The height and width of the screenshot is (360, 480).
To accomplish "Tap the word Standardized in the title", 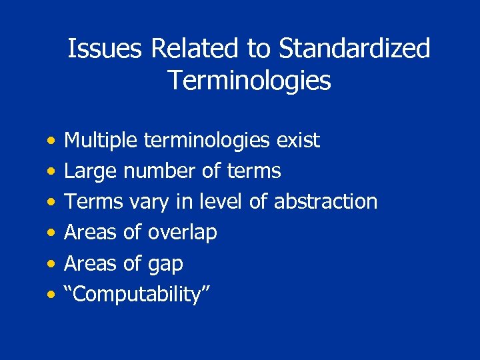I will click(x=355, y=49).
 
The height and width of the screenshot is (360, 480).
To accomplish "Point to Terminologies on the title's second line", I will click(x=249, y=81).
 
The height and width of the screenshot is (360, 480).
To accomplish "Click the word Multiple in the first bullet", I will click(x=101, y=141).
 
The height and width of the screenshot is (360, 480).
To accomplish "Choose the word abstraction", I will click(x=326, y=202).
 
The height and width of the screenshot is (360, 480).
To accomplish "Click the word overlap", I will click(x=182, y=233).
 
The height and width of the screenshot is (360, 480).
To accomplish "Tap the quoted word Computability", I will click(x=137, y=295).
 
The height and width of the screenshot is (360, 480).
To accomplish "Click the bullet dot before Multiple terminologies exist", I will click(x=51, y=141).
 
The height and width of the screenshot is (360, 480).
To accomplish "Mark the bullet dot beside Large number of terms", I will click(x=51, y=172).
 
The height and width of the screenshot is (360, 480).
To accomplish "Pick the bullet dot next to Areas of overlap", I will click(x=51, y=233).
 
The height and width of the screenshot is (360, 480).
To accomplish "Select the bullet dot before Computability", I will click(x=51, y=295).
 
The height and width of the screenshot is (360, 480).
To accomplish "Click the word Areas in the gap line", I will click(x=89, y=263).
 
